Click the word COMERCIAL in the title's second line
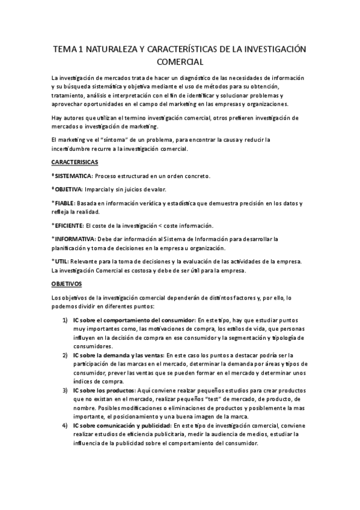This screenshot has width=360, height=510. pos(180,61)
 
